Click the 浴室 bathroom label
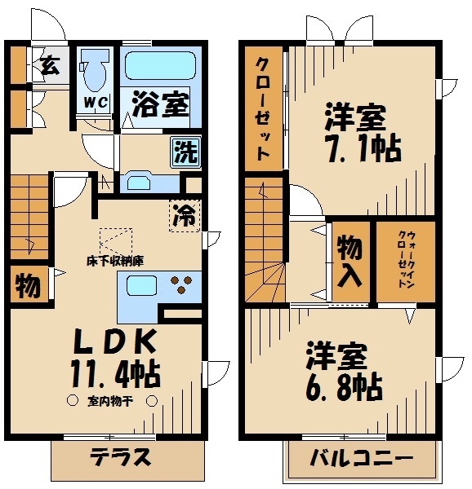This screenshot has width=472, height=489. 161,105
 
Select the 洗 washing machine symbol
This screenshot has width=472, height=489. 184,151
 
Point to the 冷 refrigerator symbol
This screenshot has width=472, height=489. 185,215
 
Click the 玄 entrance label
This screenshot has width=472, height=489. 49,65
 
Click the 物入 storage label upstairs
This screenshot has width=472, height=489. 350,261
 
